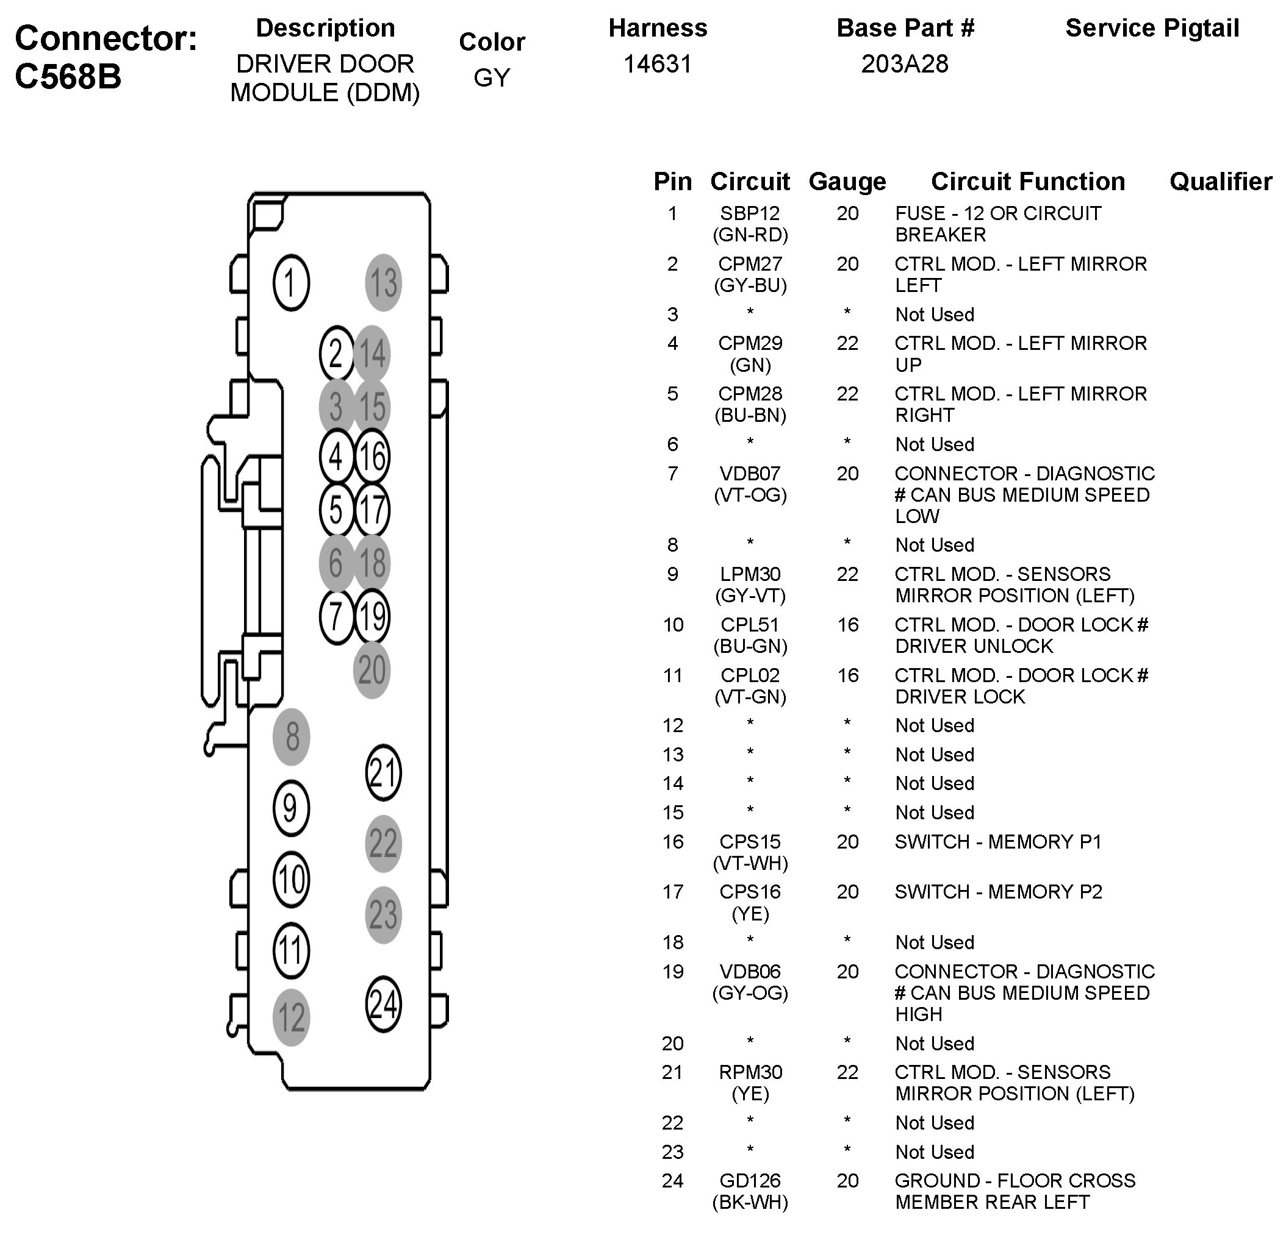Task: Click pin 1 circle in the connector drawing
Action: pos(290,283)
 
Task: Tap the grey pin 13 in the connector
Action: pos(383,283)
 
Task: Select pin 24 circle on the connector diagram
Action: pos(383,1005)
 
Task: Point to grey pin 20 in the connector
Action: pos(372,670)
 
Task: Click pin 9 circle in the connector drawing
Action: pos(290,808)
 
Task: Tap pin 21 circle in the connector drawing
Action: pos(383,773)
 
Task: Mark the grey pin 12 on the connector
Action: pos(290,1018)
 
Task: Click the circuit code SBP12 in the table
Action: pos(750,213)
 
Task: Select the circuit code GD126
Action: pos(750,1180)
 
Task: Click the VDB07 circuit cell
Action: pos(750,474)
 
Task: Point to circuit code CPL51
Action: pos(750,624)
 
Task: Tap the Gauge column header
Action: pos(847,182)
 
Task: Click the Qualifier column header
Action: pos(1220,182)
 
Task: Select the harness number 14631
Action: pos(658,64)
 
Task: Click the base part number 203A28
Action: pos(905,64)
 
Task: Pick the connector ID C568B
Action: pos(68,77)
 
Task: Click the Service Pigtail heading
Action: pos(1152,28)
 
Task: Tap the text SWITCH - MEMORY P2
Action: pos(998,892)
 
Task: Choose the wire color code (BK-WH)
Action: pos(750,1202)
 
